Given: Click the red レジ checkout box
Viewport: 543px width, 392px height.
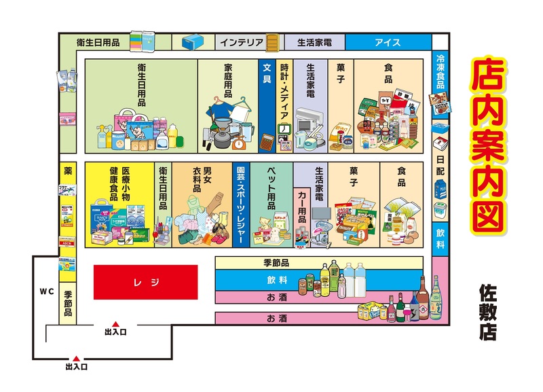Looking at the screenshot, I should [x=145, y=281].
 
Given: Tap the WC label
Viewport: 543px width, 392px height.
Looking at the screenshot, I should [x=45, y=291].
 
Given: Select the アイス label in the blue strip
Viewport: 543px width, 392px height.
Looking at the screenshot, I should [x=388, y=42].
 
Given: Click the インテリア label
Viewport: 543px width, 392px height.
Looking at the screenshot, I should [x=241, y=42].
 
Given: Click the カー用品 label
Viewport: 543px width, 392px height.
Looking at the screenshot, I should [x=302, y=205].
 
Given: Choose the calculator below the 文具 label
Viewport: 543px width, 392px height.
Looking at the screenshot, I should [x=267, y=142].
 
